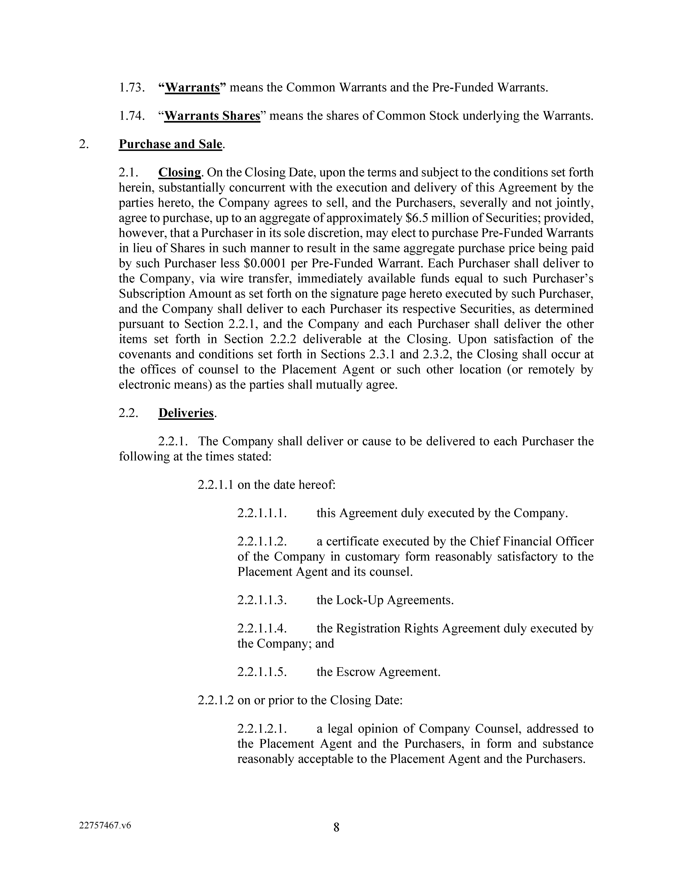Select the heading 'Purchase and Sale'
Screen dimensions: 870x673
(170, 144)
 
